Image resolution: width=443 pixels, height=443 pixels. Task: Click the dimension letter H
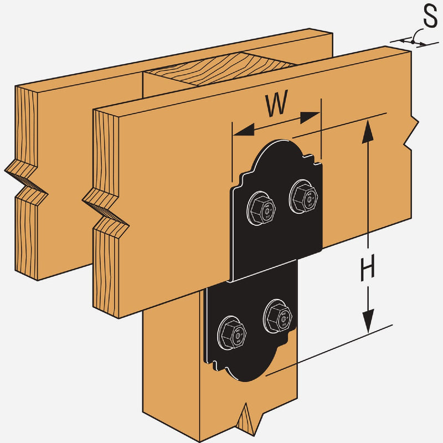point(367,269)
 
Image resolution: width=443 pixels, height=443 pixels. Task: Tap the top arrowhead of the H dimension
point(366,128)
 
